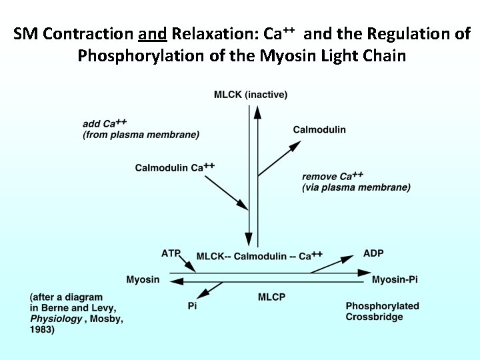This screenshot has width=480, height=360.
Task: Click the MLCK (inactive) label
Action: tap(251, 95)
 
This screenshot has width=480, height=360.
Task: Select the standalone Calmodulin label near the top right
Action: tap(319, 129)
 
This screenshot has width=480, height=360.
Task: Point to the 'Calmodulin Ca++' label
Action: tap(175, 167)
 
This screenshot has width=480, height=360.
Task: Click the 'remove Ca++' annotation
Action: tap(333, 177)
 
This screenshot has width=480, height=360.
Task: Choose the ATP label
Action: tap(171, 253)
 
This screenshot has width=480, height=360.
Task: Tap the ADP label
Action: tap(373, 253)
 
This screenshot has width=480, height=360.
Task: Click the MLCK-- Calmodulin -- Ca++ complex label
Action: tap(259, 256)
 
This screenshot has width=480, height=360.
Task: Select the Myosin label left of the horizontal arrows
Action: tap(143, 279)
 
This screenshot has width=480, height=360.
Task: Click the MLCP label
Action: tap(272, 297)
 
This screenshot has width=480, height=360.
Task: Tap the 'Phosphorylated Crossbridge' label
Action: tap(382, 311)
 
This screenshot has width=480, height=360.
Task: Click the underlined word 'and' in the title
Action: tap(153, 34)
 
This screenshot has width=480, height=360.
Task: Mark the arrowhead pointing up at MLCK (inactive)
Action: tap(257, 109)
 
